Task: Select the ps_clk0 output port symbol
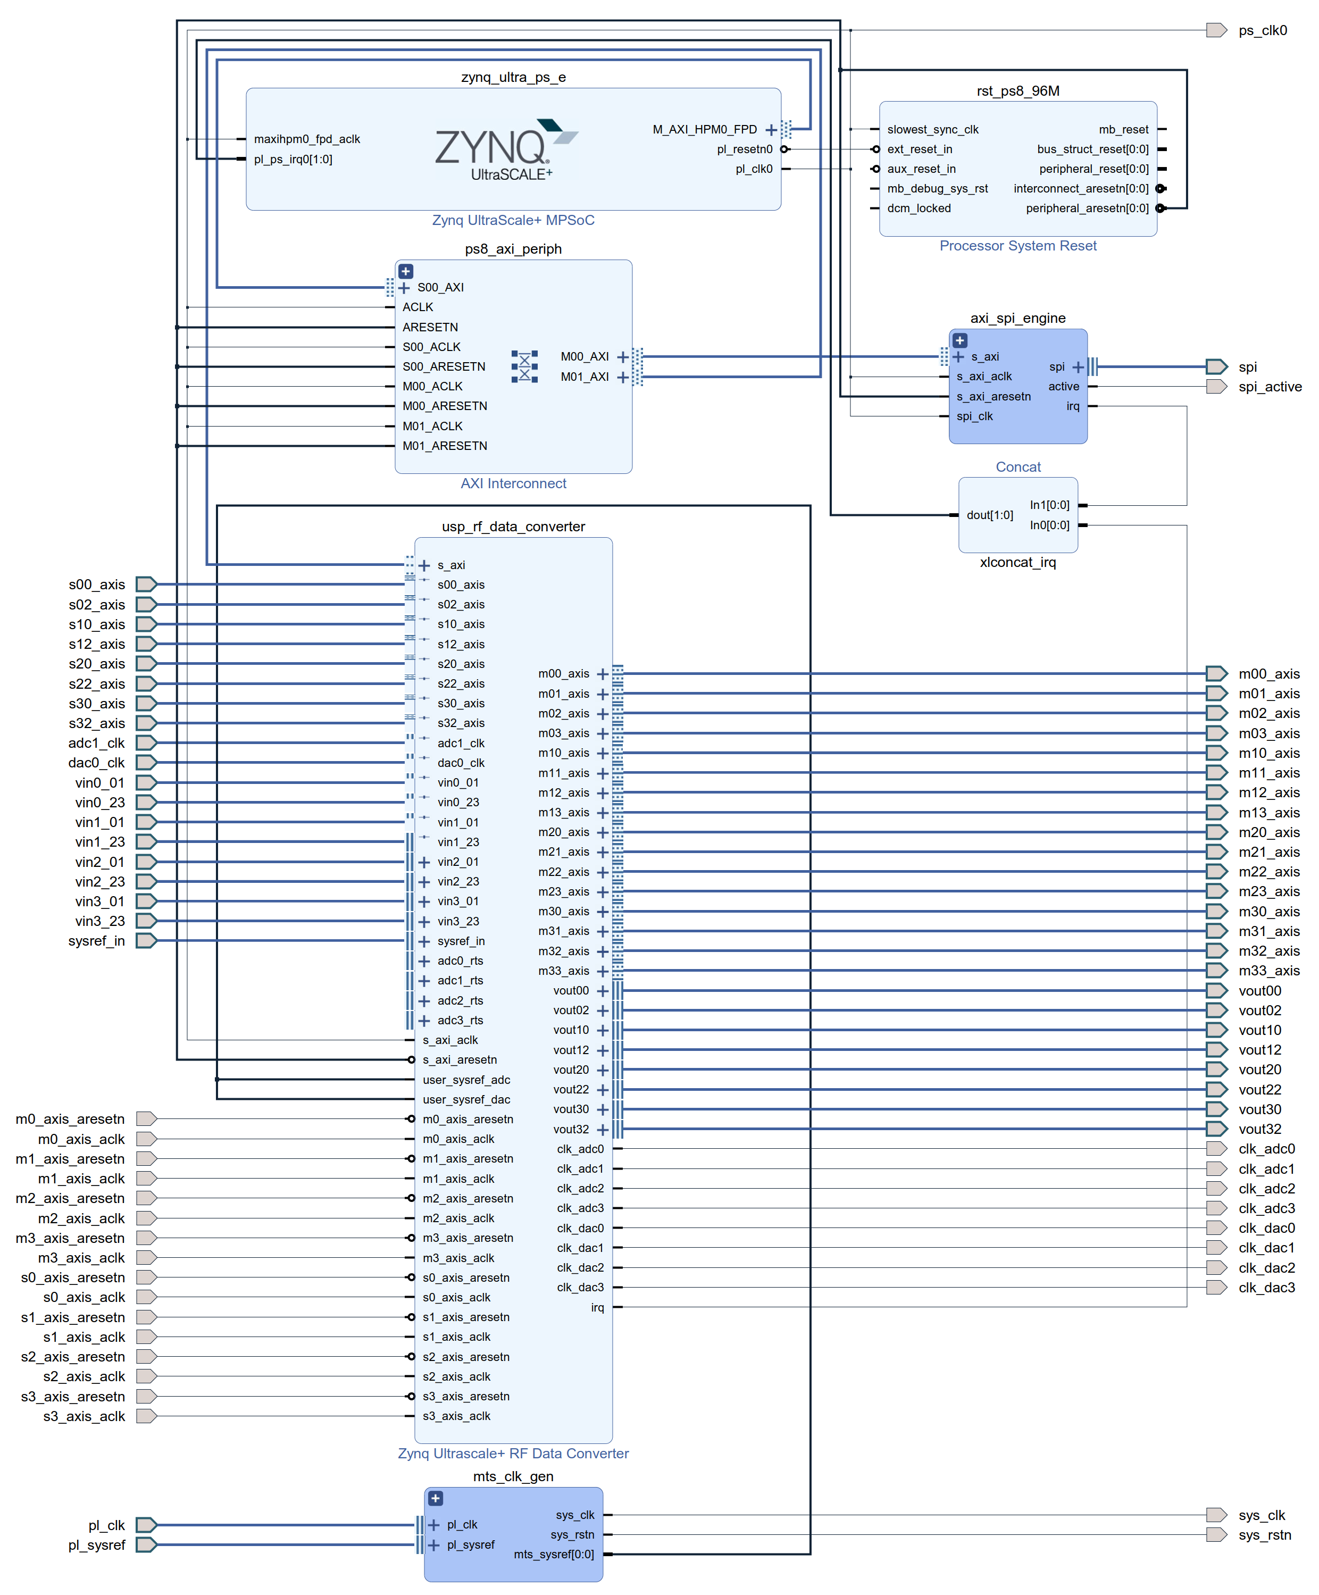coord(1216,30)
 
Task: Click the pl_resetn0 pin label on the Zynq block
coord(744,149)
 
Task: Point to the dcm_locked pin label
coord(919,208)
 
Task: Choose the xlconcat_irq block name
coord(1017,562)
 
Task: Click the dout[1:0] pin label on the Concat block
coord(989,515)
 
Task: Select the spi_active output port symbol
coord(1216,387)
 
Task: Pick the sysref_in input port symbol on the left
coord(146,940)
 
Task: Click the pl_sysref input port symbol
coord(146,1545)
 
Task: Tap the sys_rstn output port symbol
coord(1216,1535)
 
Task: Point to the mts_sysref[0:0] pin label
coord(554,1554)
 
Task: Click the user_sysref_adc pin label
coord(466,1079)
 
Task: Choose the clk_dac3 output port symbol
coord(1216,1288)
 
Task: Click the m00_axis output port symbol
coord(1216,674)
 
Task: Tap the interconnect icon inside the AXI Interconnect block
coord(524,366)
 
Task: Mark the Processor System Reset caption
coord(1017,245)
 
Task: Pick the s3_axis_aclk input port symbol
coord(146,1416)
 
